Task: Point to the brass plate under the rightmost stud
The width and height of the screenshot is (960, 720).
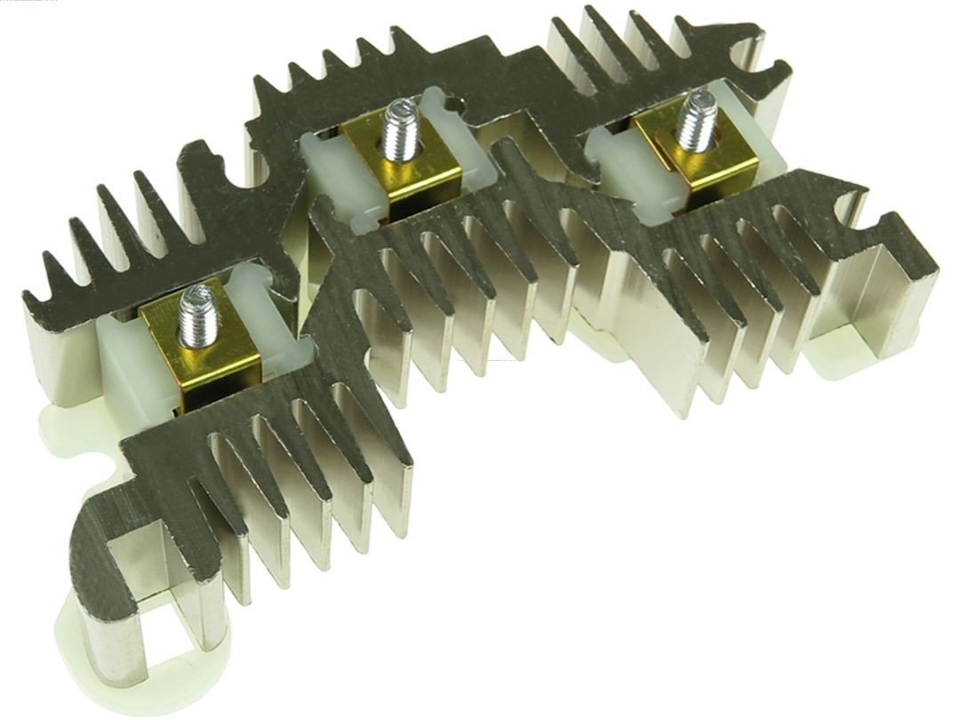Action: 711,164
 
